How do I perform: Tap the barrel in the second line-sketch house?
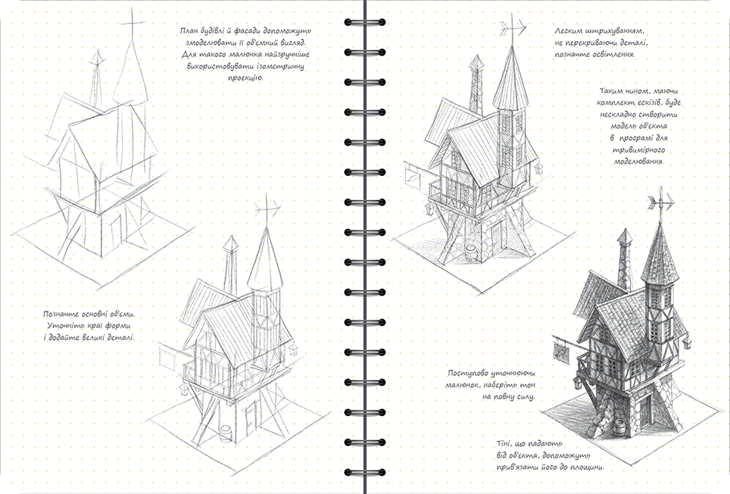(226, 434)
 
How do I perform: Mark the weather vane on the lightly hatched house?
(510, 31)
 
